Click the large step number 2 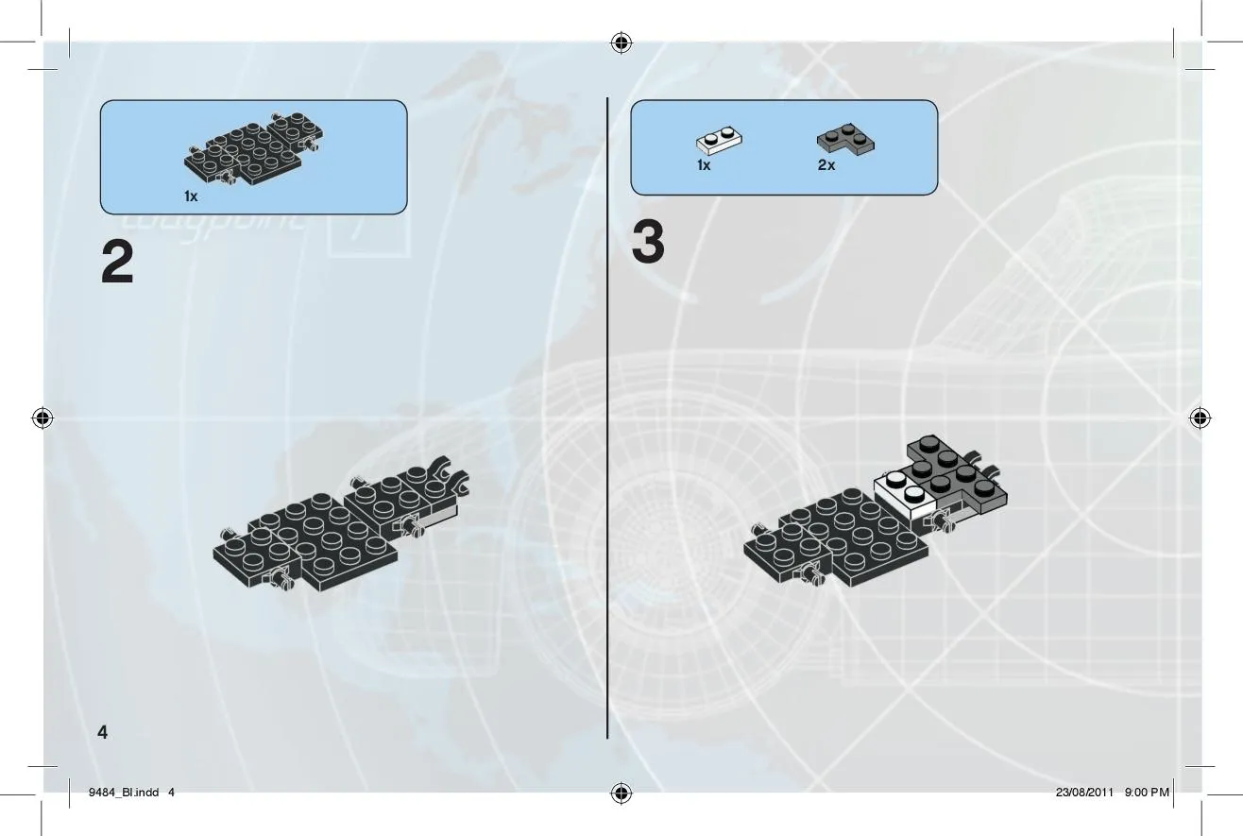118,262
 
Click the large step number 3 648,242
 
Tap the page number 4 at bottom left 103,732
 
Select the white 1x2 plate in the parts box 719,140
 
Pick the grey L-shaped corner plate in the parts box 845,139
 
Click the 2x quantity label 826,165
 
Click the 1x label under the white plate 704,165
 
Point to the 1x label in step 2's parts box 191,196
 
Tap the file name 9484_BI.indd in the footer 124,793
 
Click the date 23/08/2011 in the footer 1084,793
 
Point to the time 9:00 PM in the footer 1147,793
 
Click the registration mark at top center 621,43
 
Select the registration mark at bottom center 621,793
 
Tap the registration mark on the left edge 43,418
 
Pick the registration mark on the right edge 1200,418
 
